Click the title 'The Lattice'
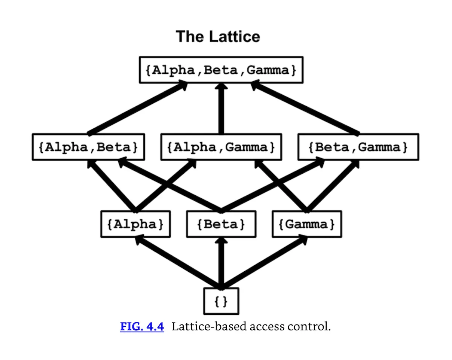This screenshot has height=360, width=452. pyautogui.click(x=218, y=37)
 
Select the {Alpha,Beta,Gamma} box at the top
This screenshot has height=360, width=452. pyautogui.click(x=221, y=70)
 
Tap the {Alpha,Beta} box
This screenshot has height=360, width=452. pyautogui.click(x=88, y=147)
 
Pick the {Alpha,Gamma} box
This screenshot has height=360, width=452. pyautogui.click(x=221, y=147)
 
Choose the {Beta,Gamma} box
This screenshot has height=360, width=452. pyautogui.click(x=358, y=147)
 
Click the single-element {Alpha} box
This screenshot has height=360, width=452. pyautogui.click(x=135, y=224)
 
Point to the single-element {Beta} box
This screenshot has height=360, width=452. pyautogui.click(x=221, y=224)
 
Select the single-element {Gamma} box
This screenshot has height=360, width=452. pyautogui.click(x=307, y=224)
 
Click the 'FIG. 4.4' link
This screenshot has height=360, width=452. pyautogui.click(x=142, y=327)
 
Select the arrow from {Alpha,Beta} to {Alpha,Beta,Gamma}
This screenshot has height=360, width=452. pyautogui.click(x=137, y=109)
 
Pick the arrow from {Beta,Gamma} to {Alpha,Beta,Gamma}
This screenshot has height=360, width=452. pyautogui.click(x=305, y=109)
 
